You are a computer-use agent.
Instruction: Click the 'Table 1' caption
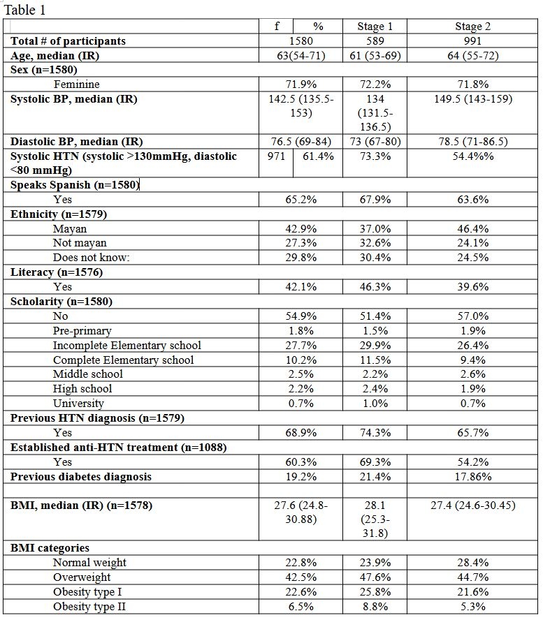coord(26,10)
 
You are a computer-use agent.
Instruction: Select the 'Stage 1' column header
coord(375,27)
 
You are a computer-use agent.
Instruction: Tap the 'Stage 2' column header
coord(468,27)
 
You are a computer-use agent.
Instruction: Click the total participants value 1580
coord(303,41)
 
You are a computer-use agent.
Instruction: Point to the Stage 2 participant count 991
coord(468,41)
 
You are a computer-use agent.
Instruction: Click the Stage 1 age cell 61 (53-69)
coord(375,56)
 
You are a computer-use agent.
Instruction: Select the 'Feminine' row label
coord(76,84)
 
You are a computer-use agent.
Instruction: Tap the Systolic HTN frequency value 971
coord(277,156)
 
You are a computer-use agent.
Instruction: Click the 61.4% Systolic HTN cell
coord(318,156)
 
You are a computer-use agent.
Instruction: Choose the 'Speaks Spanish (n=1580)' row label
coord(74,185)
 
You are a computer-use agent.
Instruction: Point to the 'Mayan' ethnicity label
coord(69,228)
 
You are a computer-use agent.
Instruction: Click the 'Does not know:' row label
coord(92,258)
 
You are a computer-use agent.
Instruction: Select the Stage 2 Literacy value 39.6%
coord(468,286)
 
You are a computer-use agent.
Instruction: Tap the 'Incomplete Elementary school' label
coord(126,345)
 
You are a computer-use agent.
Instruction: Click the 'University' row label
coord(78,403)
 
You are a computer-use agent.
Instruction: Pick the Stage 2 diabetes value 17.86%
coord(468,476)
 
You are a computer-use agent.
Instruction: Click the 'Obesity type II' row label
coord(89,607)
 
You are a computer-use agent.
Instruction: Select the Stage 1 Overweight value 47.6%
coord(375,577)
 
